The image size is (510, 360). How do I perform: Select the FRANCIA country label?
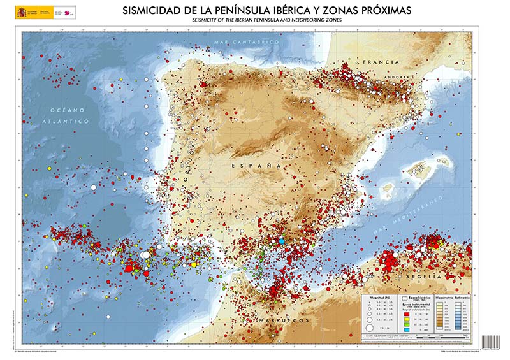[380, 62]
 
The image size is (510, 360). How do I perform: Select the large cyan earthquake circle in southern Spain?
[280, 241]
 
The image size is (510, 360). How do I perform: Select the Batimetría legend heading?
[461, 298]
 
